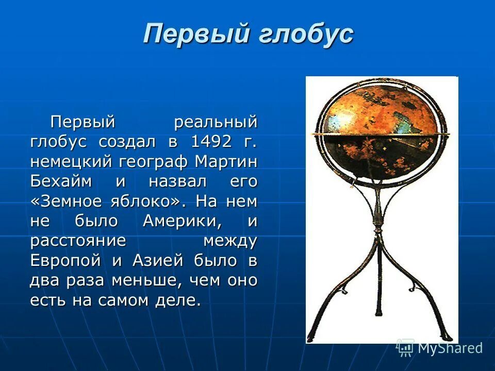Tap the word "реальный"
[x=215, y=122]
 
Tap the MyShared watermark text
[x=450, y=348]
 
